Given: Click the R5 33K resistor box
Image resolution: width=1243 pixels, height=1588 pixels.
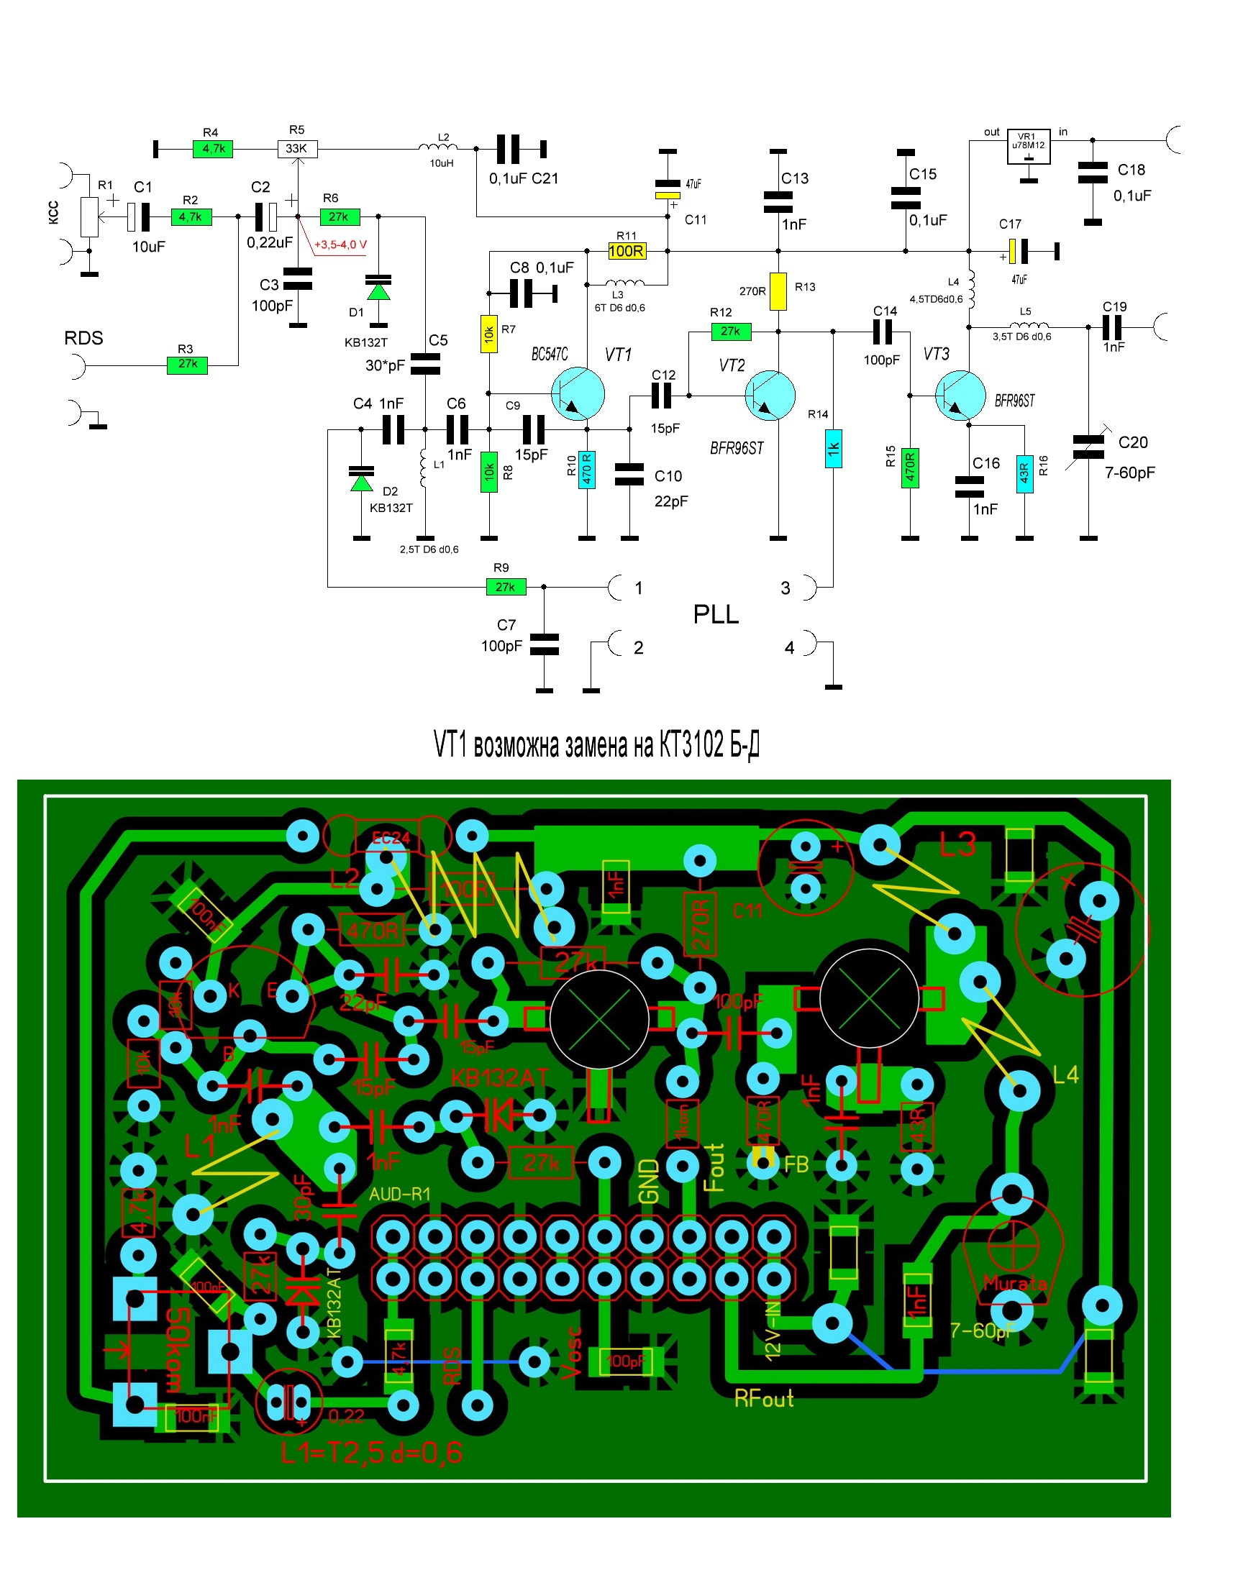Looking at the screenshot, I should point(297,149).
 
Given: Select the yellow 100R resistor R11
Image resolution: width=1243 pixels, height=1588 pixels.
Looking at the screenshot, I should point(627,252).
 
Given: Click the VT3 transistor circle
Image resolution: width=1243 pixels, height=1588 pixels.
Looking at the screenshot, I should point(960,396).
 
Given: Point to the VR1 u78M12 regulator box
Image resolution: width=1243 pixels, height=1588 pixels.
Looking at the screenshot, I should point(1029,146).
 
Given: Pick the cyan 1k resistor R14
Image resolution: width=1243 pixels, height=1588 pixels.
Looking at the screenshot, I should point(833,449).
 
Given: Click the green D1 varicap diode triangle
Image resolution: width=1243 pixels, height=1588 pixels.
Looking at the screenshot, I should point(378,292).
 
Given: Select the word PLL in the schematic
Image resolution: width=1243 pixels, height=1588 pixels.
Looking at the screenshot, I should point(716,616).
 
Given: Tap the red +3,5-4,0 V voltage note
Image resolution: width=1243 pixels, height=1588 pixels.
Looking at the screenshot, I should point(340,245).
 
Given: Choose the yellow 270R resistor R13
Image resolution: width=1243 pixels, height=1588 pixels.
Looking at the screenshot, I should point(778,291).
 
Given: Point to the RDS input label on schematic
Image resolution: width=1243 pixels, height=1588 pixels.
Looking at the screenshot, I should point(83,338).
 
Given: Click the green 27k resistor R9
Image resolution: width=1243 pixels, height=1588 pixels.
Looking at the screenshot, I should point(506,587).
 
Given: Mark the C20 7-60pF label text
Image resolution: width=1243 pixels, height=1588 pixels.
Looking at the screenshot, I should point(1130,458).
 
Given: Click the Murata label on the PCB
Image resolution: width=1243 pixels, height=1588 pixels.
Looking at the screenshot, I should point(1014,1284).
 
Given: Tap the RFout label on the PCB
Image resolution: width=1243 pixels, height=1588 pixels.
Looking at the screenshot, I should point(763,1398).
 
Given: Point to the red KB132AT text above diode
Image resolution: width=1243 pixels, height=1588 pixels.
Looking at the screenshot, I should point(499,1078).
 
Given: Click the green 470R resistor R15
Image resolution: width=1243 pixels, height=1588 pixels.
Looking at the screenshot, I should point(910,467).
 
